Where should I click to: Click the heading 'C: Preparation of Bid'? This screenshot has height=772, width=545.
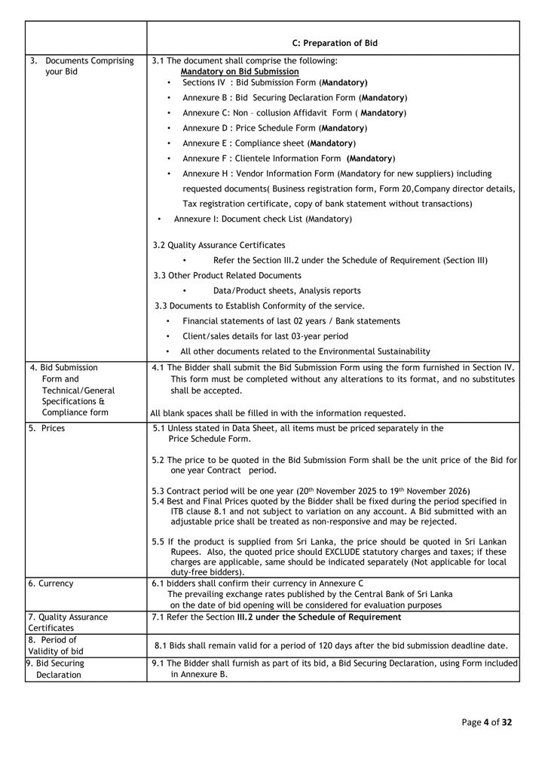pos(334,43)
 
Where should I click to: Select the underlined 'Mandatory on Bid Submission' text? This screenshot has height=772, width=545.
pos(239,72)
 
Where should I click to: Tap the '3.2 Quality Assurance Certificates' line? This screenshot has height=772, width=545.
pos(219,245)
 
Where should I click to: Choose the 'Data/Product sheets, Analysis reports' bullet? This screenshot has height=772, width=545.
pos(286,290)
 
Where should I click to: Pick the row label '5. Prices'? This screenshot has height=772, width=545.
pos(47,428)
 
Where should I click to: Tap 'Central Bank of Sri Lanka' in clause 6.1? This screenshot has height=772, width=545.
pos(401,594)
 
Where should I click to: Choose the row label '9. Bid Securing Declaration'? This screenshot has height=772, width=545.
pos(57,669)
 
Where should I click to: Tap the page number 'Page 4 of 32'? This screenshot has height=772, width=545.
pos(486,722)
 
